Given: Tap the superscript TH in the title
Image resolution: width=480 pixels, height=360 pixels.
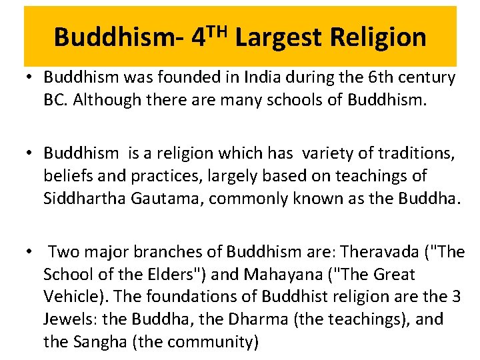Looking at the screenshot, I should tap(216, 29).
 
